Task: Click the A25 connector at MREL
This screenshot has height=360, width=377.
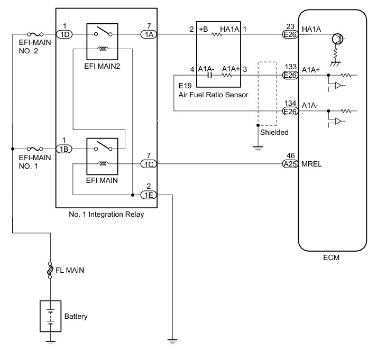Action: [290, 164]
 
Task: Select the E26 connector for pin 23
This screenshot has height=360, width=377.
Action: [290, 35]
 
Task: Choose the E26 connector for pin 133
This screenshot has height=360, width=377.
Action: [290, 76]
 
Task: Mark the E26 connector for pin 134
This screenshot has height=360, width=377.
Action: [290, 111]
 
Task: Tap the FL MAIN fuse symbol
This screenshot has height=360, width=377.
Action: [50, 270]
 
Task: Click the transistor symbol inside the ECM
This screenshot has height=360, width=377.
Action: [335, 39]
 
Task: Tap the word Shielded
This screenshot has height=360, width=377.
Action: [274, 133]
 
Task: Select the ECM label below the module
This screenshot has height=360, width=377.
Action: [332, 259]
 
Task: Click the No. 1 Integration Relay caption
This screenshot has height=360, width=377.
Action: [106, 215]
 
